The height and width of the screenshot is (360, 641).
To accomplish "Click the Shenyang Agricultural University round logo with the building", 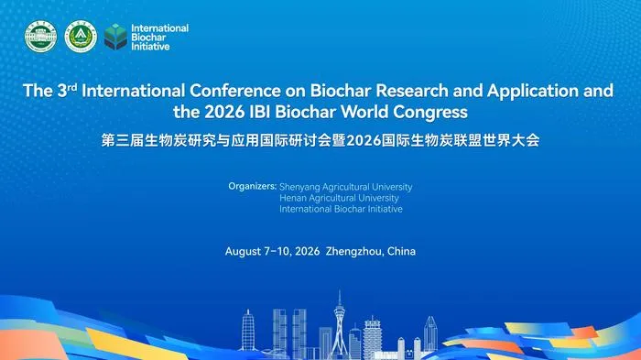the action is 40,37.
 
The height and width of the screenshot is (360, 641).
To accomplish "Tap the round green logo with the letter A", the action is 81,37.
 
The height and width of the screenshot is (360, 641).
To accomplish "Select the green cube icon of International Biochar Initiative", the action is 115,37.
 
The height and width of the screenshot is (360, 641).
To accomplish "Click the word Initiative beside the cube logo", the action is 150,47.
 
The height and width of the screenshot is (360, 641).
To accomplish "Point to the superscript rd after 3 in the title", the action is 72,86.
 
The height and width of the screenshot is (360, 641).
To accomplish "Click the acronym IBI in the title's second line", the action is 260,112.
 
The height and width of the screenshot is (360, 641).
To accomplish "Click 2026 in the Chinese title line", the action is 363,140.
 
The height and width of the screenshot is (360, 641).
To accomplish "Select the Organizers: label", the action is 252,187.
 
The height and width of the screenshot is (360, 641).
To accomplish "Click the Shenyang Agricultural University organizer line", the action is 346,187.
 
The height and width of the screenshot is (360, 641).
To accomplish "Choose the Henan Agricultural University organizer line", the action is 340,198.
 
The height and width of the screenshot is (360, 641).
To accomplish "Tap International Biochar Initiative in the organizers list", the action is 341,209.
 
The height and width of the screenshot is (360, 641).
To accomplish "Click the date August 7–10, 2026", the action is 272,251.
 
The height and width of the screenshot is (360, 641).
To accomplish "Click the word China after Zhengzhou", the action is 401,251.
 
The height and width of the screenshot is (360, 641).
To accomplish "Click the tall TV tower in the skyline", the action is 340,323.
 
